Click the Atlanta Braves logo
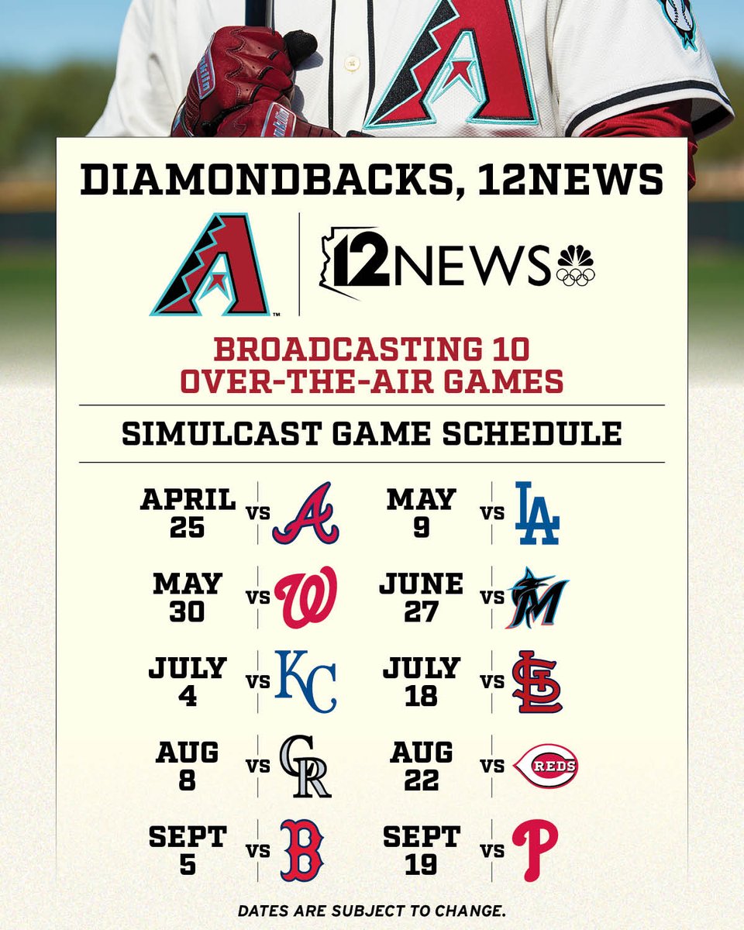click(x=305, y=514)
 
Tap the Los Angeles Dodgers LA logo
click(x=537, y=513)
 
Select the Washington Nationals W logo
click(x=306, y=598)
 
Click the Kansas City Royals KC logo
click(x=306, y=681)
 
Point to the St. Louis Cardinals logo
click(x=537, y=681)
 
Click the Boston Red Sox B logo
click(x=301, y=850)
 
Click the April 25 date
click(x=188, y=514)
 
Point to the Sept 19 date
click(x=422, y=850)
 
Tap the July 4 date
click(x=187, y=681)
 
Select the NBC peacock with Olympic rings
click(x=575, y=267)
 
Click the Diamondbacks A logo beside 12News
click(x=211, y=265)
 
